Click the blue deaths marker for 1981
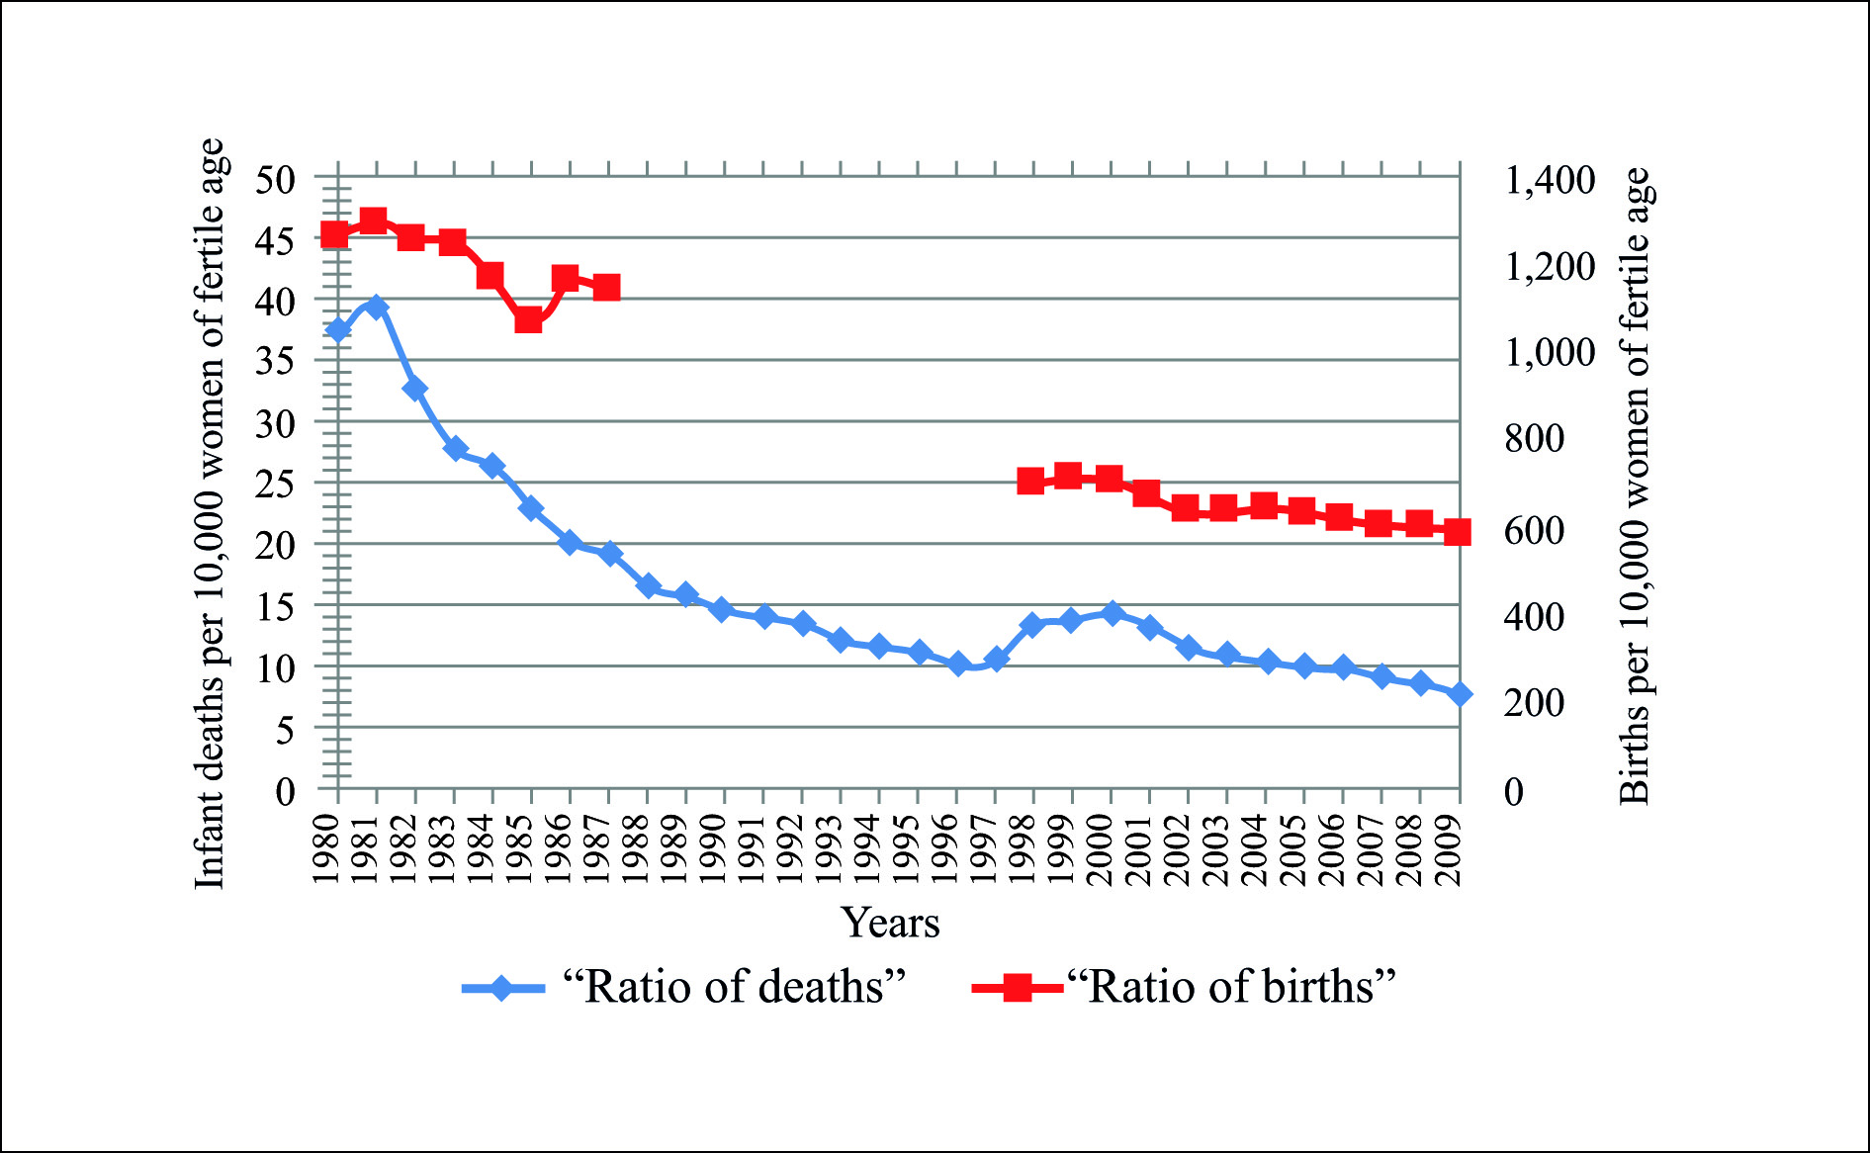click(376, 307)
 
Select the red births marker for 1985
click(528, 320)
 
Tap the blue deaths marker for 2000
click(1112, 613)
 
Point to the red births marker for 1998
click(1031, 482)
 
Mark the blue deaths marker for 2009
click(1460, 694)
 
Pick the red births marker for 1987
click(606, 288)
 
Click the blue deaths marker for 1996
click(957, 665)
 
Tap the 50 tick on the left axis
click(276, 181)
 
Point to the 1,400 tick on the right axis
click(1550, 181)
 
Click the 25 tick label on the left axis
click(276, 485)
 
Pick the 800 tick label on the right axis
click(1535, 438)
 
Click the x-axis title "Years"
click(890, 923)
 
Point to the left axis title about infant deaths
click(210, 514)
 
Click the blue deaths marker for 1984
click(492, 466)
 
